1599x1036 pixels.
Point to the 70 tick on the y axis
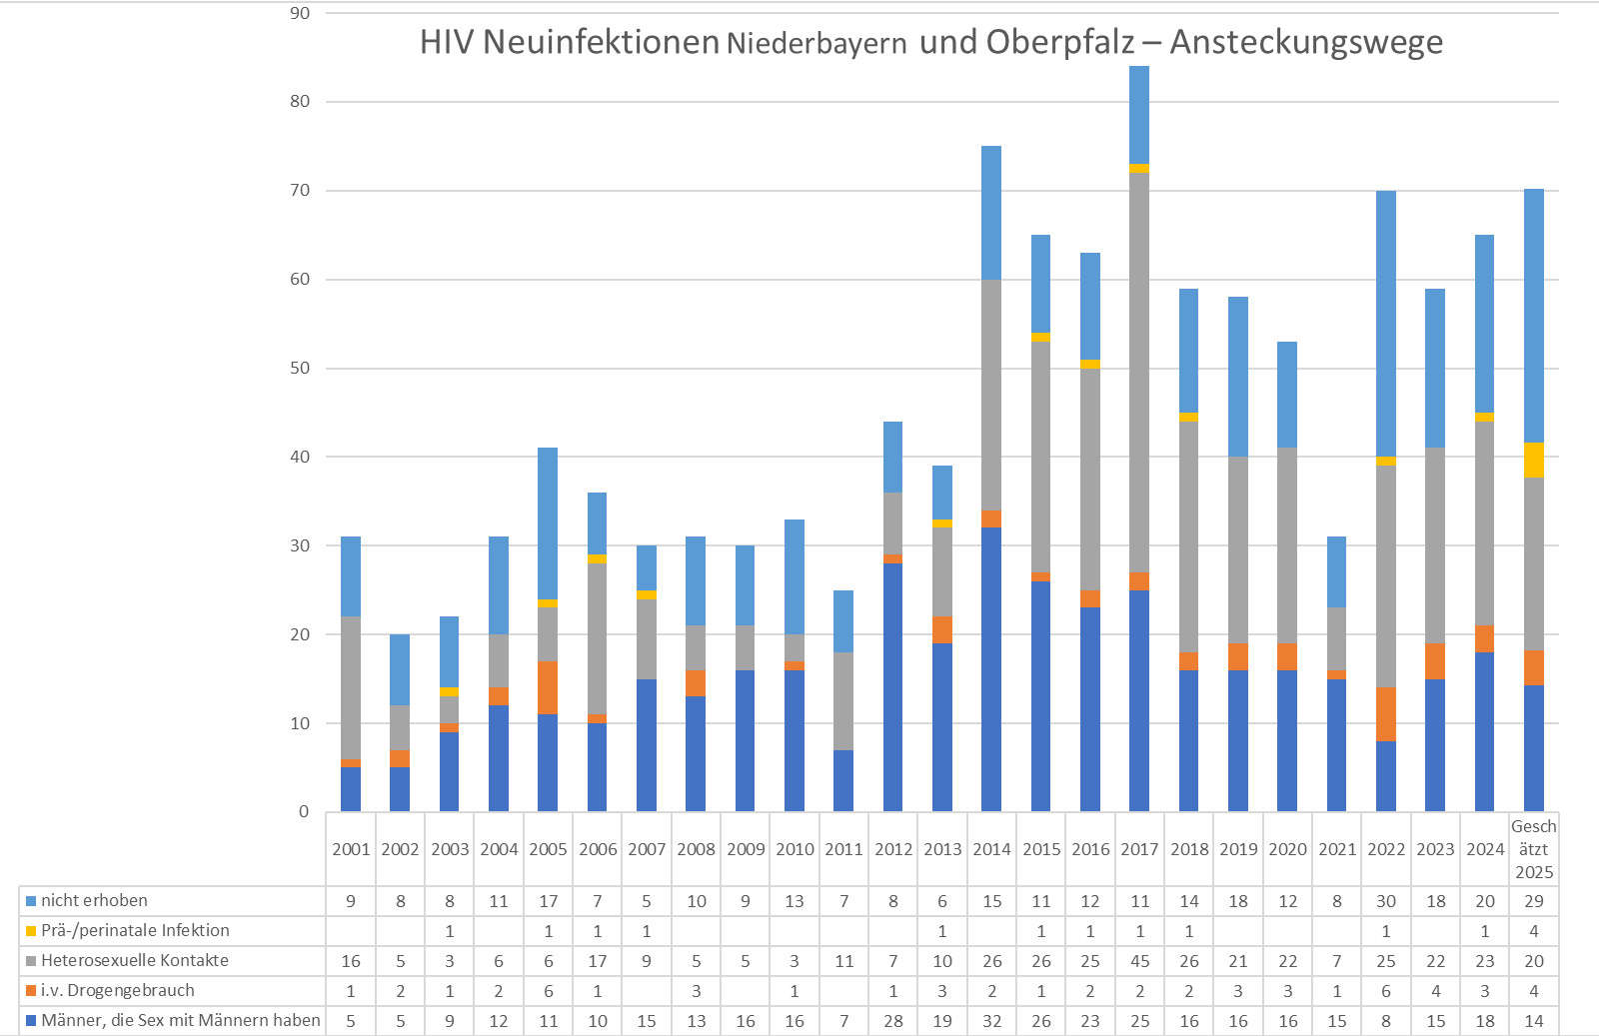coord(300,190)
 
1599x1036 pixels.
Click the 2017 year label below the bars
coord(1139,849)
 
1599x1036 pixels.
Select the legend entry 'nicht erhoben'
coord(94,901)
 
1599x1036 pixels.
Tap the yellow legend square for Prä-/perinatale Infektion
coord(31,931)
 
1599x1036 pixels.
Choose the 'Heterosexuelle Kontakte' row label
coord(135,961)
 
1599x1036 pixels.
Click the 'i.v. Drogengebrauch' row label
coord(118,991)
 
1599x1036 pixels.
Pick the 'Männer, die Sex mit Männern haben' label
coord(181,1021)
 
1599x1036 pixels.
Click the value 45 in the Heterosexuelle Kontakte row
coord(1139,961)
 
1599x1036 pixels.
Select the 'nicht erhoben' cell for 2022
coord(1386,901)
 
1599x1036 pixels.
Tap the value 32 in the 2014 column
coord(991,1021)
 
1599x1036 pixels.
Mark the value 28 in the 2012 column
coord(893,1021)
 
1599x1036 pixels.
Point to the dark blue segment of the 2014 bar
coord(991,669)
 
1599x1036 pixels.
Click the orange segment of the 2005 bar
coord(548,687)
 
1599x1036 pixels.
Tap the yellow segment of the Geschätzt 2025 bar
coord(1534,460)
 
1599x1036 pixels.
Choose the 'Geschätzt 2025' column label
coord(1534,849)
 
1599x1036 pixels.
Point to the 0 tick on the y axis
coord(304,811)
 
